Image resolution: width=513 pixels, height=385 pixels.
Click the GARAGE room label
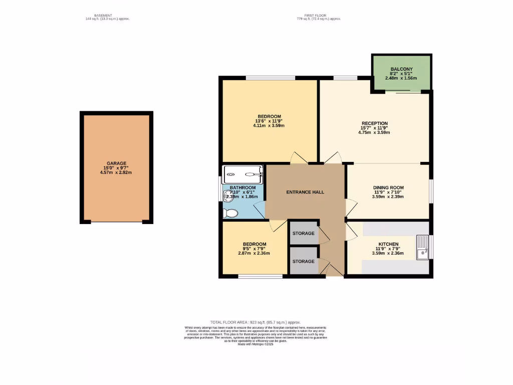click(x=116, y=163)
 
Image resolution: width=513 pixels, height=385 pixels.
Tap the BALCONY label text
click(x=400, y=69)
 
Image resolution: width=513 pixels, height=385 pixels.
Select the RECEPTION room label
click(x=375, y=123)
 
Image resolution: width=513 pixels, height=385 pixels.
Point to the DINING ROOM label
click(x=388, y=187)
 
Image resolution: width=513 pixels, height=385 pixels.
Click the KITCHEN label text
click(x=388, y=244)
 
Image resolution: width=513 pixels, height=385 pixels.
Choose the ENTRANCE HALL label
click(x=305, y=192)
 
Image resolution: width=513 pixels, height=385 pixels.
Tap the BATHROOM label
click(x=242, y=187)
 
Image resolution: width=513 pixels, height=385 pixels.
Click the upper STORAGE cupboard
click(x=304, y=233)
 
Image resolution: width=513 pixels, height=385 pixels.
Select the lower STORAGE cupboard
click(x=304, y=261)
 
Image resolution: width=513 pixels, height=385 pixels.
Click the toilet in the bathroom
click(x=231, y=214)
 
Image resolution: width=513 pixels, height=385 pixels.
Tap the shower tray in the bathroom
click(x=243, y=174)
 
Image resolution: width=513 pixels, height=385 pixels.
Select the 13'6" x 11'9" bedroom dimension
click(x=270, y=121)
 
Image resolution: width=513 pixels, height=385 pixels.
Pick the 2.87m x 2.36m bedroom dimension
click(x=253, y=253)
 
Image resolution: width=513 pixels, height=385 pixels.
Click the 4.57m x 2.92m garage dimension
click(x=116, y=172)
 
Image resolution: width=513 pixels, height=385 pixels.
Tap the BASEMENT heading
click(x=106, y=16)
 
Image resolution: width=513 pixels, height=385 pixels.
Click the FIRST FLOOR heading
click(x=319, y=16)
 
